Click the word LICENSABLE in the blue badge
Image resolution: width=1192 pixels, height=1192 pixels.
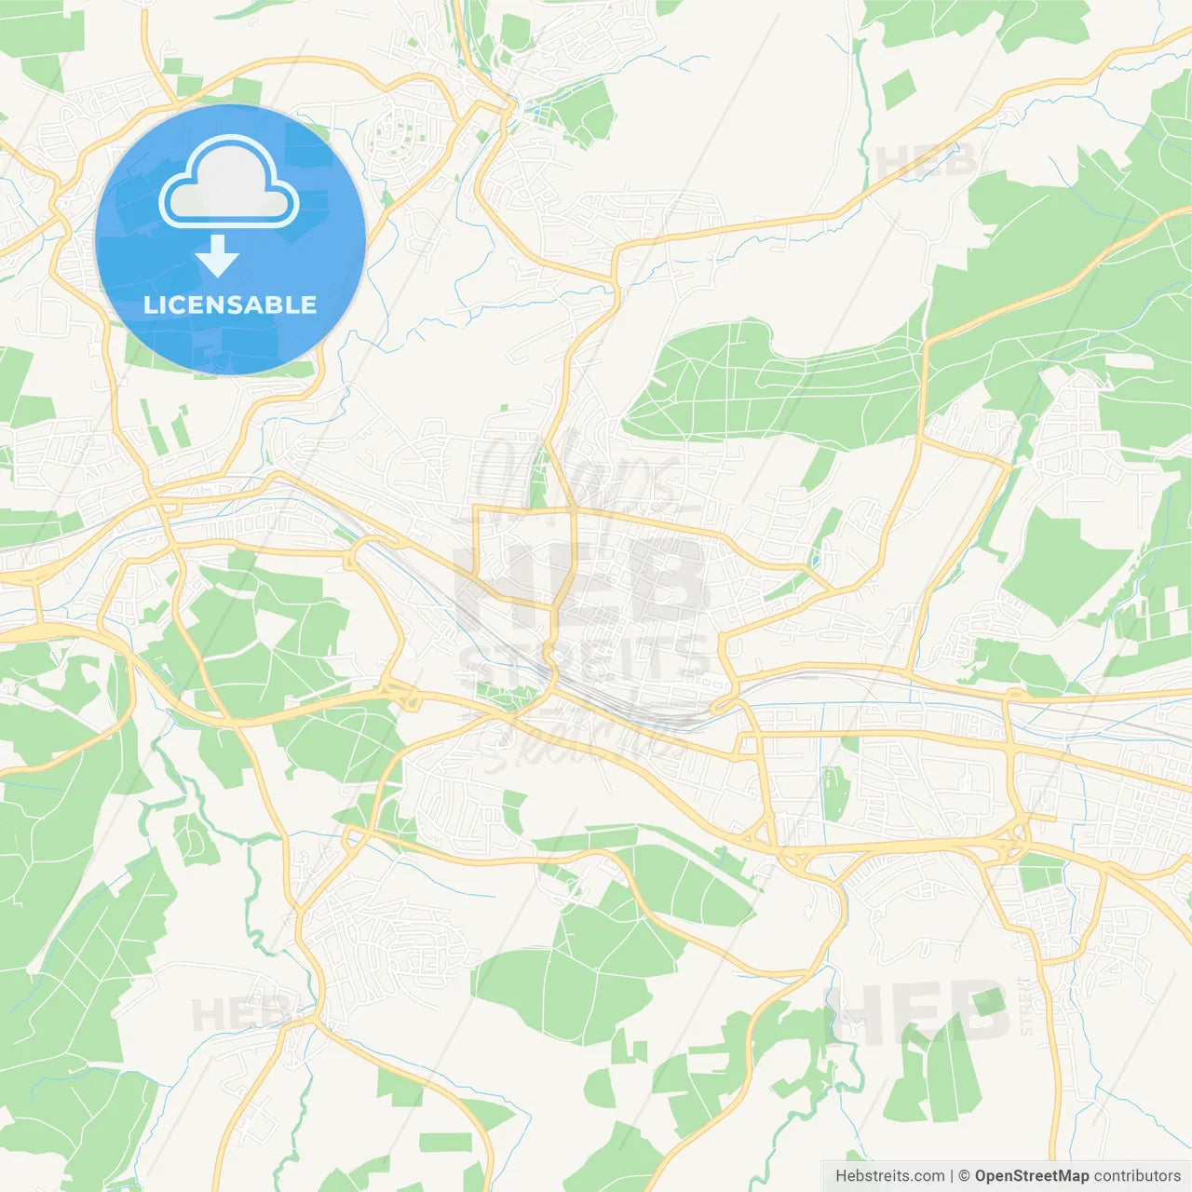230,305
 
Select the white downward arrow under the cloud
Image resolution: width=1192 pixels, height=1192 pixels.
217,256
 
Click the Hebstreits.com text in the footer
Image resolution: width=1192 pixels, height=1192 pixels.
889,1176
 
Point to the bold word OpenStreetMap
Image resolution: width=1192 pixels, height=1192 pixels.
1032,1176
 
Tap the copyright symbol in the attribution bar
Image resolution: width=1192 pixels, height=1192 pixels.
965,1176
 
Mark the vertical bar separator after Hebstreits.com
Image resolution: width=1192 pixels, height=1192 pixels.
952,1176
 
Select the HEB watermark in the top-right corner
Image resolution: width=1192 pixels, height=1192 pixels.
927,161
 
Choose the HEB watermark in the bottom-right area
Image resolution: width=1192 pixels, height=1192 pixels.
922,1010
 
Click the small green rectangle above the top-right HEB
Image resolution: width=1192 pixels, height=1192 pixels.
899,88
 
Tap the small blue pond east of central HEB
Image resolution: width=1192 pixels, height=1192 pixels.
817,562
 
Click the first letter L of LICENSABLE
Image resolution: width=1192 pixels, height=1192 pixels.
150,305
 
